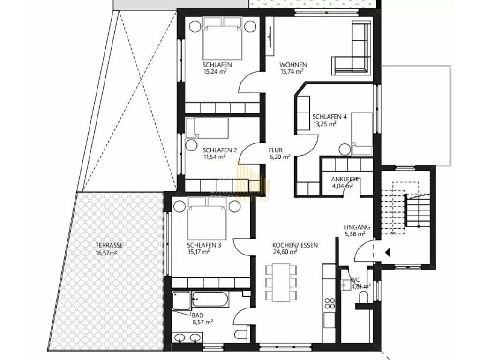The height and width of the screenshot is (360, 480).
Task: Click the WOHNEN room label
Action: [x=293, y=65]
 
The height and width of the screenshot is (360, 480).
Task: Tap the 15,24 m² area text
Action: [x=215, y=72]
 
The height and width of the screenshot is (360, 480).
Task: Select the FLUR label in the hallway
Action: [x=276, y=150]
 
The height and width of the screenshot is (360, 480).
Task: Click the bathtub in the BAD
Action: [x=210, y=299]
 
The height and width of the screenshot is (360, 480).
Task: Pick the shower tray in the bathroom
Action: [x=181, y=300]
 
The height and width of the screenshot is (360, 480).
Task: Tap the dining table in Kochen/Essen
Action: [x=281, y=283]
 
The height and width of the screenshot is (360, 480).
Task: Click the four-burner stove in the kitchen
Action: [x=330, y=303]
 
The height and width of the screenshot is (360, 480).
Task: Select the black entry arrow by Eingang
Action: [x=387, y=253]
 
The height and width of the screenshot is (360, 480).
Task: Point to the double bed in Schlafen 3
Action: [x=207, y=219]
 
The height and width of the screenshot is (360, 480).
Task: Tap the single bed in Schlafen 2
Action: [x=207, y=127]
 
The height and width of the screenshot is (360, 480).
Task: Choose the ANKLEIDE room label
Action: [x=345, y=180]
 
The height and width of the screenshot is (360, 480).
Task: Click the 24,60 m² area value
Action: [x=285, y=252]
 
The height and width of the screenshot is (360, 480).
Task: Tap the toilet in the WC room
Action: [x=364, y=297]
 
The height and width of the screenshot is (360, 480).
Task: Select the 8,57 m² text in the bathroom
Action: [x=203, y=322]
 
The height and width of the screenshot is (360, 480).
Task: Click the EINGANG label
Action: [x=357, y=227]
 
